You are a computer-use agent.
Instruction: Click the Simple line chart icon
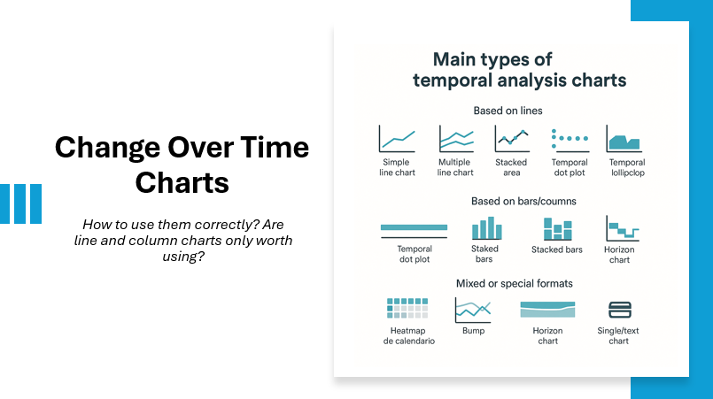[397, 139]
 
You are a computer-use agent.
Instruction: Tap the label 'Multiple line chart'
[455, 167]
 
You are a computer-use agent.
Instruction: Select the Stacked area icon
[511, 139]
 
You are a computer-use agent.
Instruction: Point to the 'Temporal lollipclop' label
[627, 167]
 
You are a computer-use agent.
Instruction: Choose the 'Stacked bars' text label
[557, 249]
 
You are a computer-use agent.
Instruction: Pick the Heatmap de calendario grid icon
[407, 308]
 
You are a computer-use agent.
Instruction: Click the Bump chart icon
[473, 310]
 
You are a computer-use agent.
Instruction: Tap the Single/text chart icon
[619, 310]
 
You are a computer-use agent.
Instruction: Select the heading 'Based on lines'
[508, 111]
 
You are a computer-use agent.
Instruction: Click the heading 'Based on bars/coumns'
[523, 201]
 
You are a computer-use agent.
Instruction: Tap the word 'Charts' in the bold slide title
[182, 183]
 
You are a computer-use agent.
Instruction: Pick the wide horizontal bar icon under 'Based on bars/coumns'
[414, 229]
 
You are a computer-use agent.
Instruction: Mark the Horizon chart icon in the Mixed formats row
[547, 309]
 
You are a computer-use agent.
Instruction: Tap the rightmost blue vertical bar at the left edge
[35, 203]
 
